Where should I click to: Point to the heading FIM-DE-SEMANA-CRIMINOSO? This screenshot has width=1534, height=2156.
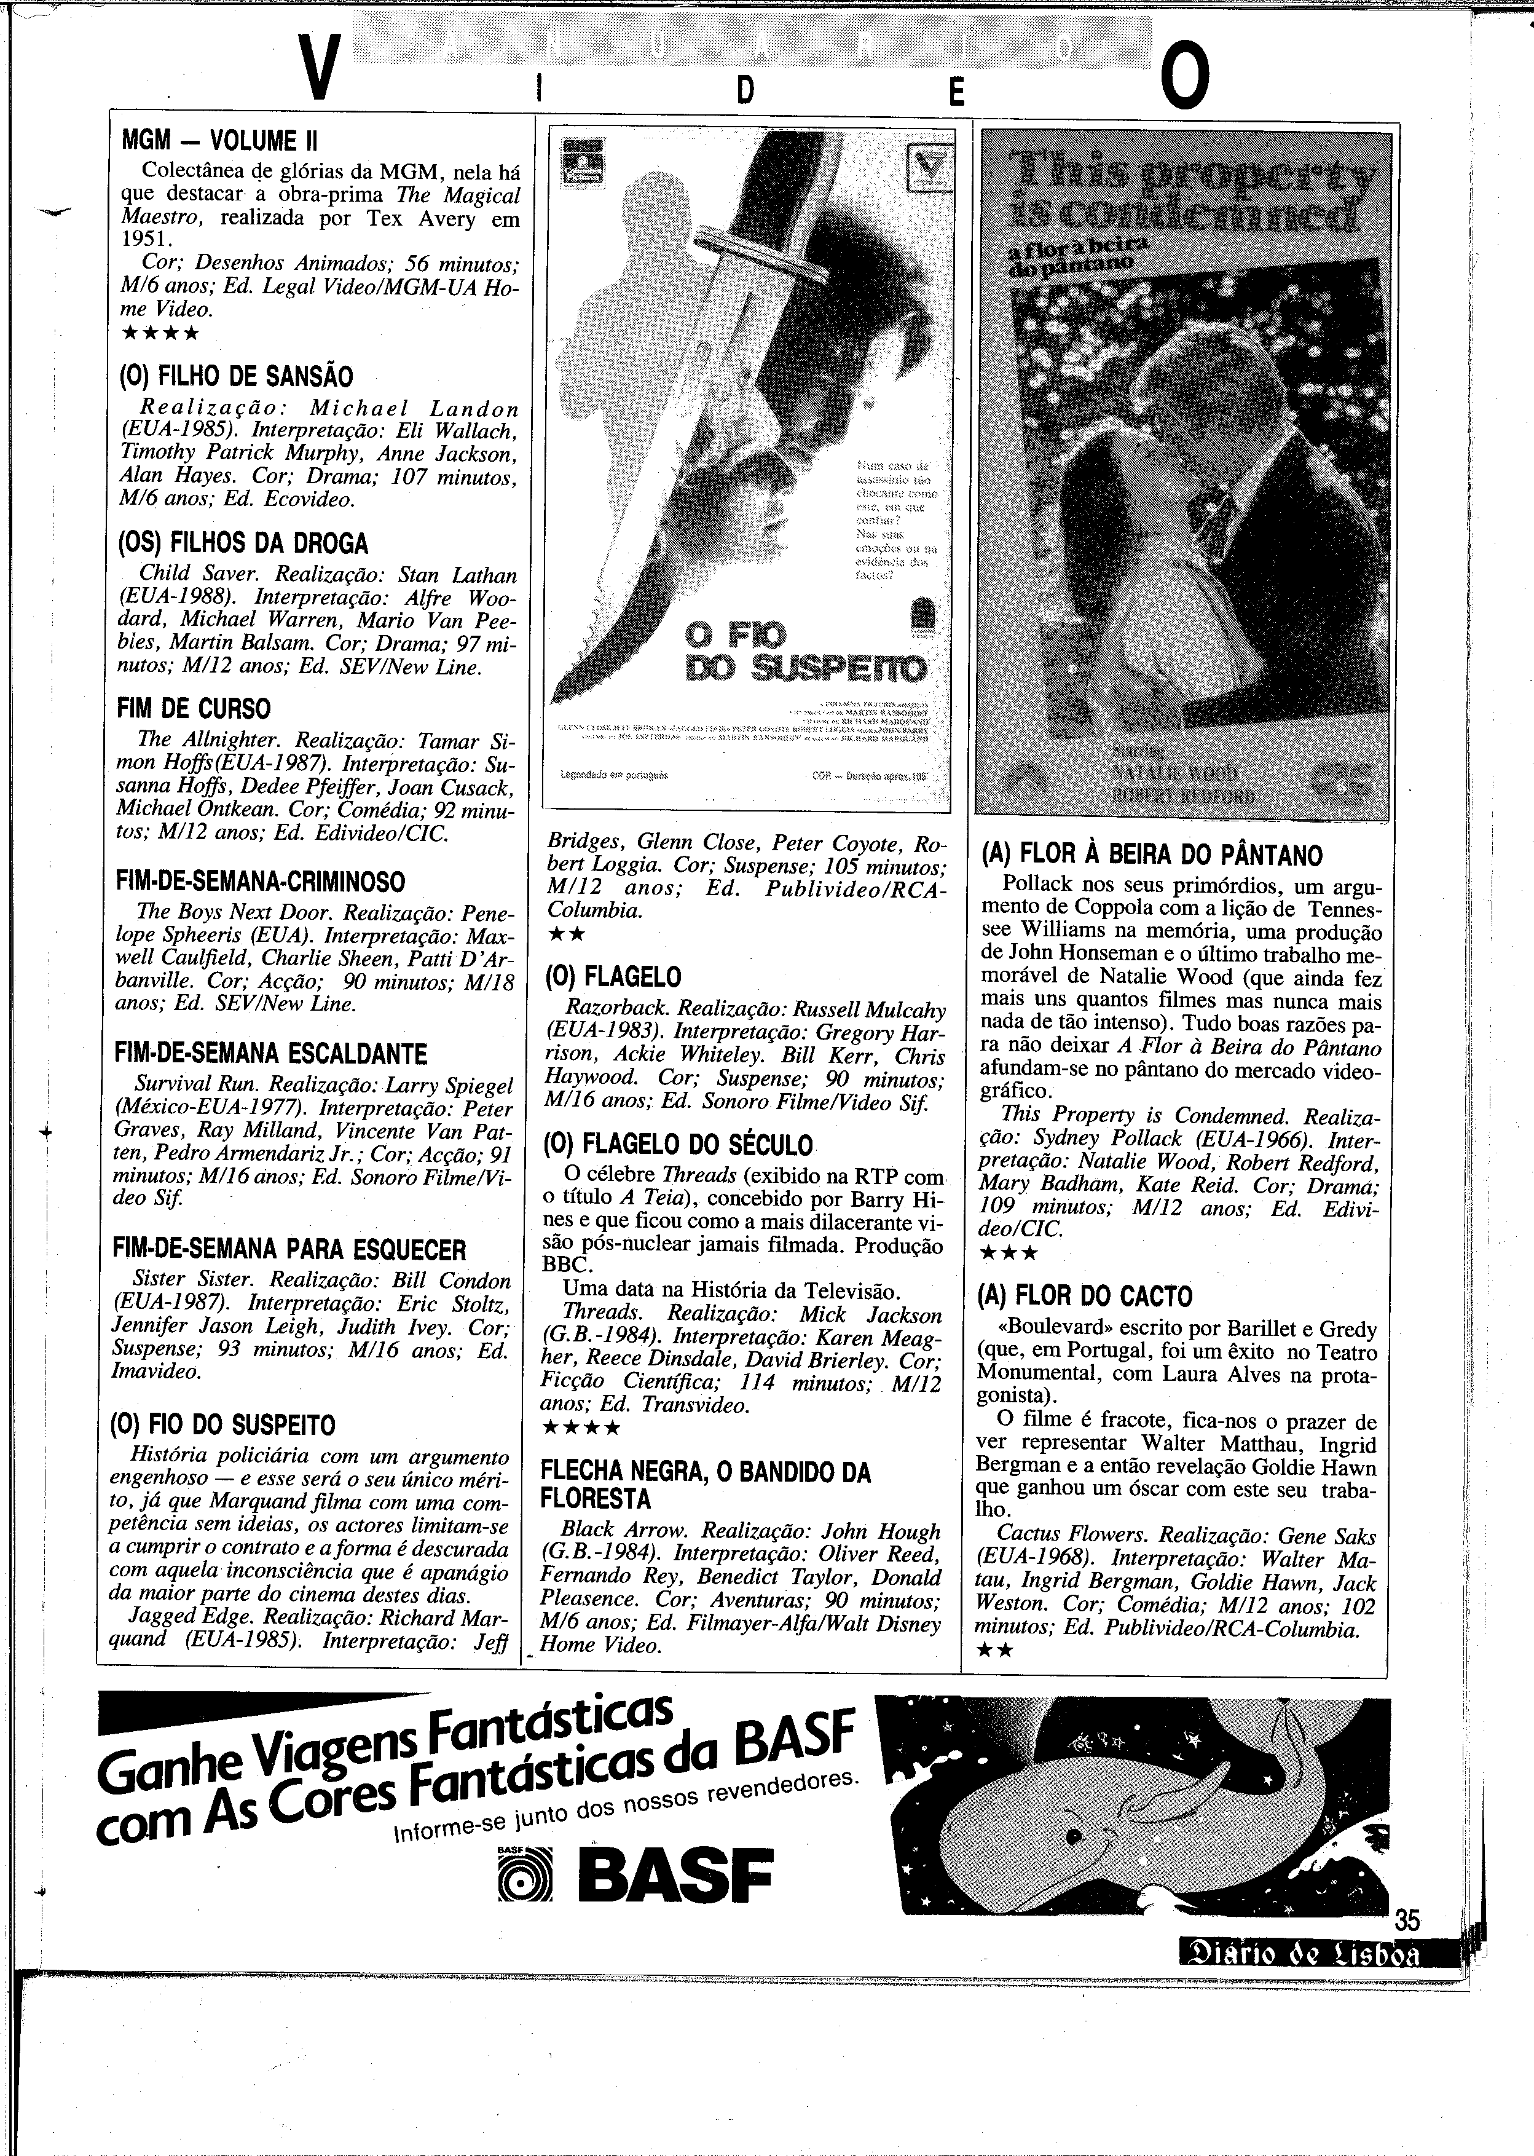tap(260, 882)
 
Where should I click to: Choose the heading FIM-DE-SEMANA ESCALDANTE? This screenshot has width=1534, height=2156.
tap(270, 1054)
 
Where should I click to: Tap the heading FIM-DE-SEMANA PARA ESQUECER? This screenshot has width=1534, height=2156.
tap(289, 1249)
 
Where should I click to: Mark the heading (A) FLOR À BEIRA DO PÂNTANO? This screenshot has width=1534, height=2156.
tap(1152, 855)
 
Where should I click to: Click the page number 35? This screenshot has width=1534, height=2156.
tap(1407, 1921)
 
